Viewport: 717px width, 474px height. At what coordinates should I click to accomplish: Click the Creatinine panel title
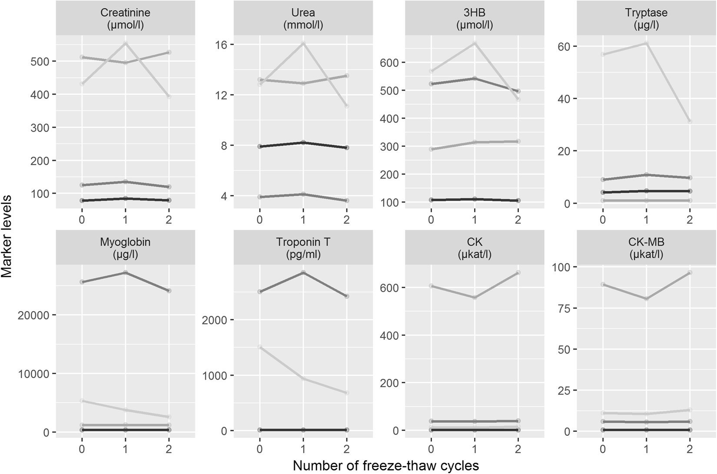(125, 18)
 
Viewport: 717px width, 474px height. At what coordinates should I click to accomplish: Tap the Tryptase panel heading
(646, 18)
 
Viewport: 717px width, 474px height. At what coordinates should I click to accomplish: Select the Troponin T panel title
(303, 248)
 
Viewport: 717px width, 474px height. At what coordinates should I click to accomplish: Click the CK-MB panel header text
(646, 248)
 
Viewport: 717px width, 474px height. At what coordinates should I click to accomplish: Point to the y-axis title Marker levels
(7, 237)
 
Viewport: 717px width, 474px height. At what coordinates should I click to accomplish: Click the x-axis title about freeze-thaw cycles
(386, 466)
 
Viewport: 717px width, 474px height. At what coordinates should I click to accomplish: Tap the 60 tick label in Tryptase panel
(564, 46)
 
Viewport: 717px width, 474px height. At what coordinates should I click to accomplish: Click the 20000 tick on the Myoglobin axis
(34, 315)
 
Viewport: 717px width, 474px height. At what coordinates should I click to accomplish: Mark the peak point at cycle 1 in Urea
(303, 43)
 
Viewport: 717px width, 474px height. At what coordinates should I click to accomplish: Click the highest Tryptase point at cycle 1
(646, 43)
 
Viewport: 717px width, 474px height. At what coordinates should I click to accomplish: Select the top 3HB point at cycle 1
(475, 43)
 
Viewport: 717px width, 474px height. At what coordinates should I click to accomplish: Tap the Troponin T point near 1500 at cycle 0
(259, 347)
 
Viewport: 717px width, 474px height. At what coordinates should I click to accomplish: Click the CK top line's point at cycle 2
(518, 273)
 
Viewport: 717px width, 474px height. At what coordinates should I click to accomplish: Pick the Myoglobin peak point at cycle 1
(125, 273)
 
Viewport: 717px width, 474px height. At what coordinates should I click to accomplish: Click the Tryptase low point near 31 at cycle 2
(690, 121)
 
